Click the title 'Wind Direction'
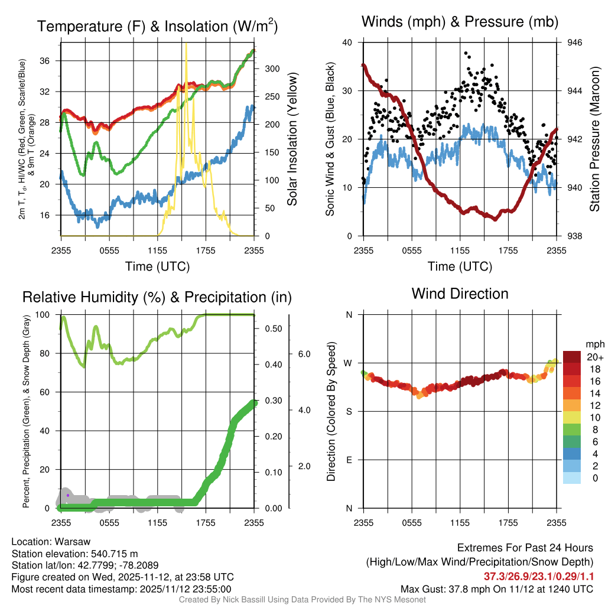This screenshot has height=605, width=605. coord(460,294)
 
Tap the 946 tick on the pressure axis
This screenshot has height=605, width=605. coord(575,43)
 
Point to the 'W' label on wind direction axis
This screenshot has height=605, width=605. coord(349,363)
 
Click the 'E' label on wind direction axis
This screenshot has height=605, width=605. coord(349,460)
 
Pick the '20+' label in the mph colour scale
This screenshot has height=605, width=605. coord(594,357)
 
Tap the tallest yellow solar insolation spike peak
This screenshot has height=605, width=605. coord(186,44)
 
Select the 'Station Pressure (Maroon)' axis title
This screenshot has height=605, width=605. coord(595,139)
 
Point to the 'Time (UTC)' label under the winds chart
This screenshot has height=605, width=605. coord(460,266)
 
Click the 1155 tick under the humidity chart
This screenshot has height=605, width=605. coord(157,523)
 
